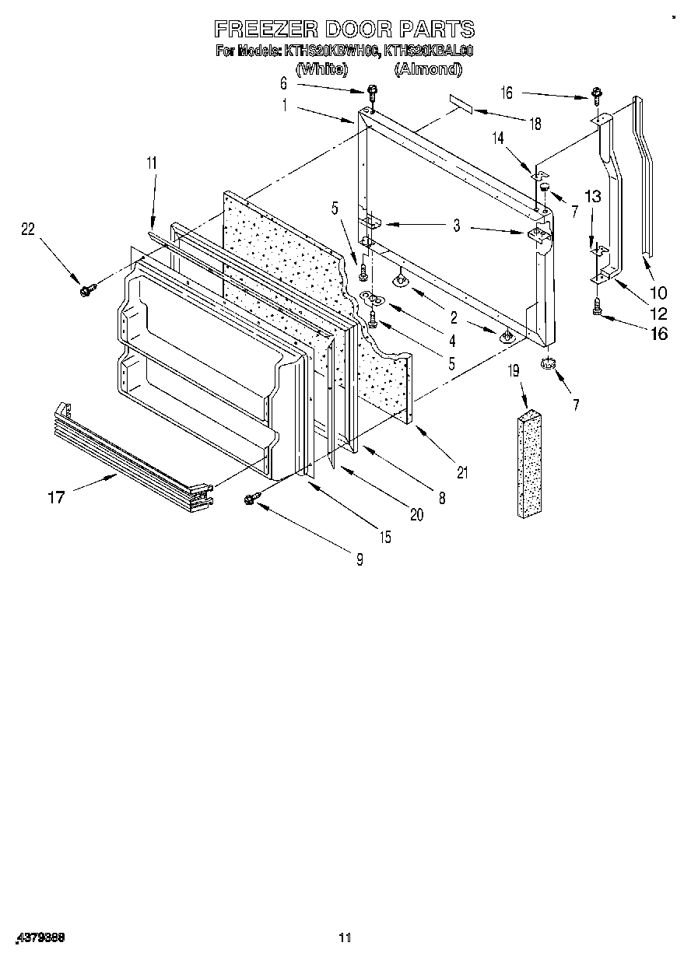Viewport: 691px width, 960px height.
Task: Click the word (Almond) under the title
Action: click(427, 69)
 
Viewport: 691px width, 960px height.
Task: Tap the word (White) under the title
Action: click(321, 69)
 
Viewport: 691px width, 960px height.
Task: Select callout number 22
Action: click(29, 228)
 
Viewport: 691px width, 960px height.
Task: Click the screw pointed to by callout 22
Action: click(86, 290)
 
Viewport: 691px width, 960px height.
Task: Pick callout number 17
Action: click(56, 496)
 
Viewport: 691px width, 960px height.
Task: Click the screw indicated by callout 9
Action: click(252, 499)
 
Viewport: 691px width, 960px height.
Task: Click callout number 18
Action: click(534, 122)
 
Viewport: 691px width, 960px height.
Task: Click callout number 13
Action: click(593, 198)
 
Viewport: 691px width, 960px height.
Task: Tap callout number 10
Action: click(658, 293)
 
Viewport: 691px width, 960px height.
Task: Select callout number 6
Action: click(283, 82)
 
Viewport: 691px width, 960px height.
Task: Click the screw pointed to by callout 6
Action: click(372, 93)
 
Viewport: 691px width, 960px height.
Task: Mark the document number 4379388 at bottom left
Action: click(39, 938)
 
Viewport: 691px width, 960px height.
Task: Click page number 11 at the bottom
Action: click(345, 937)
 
